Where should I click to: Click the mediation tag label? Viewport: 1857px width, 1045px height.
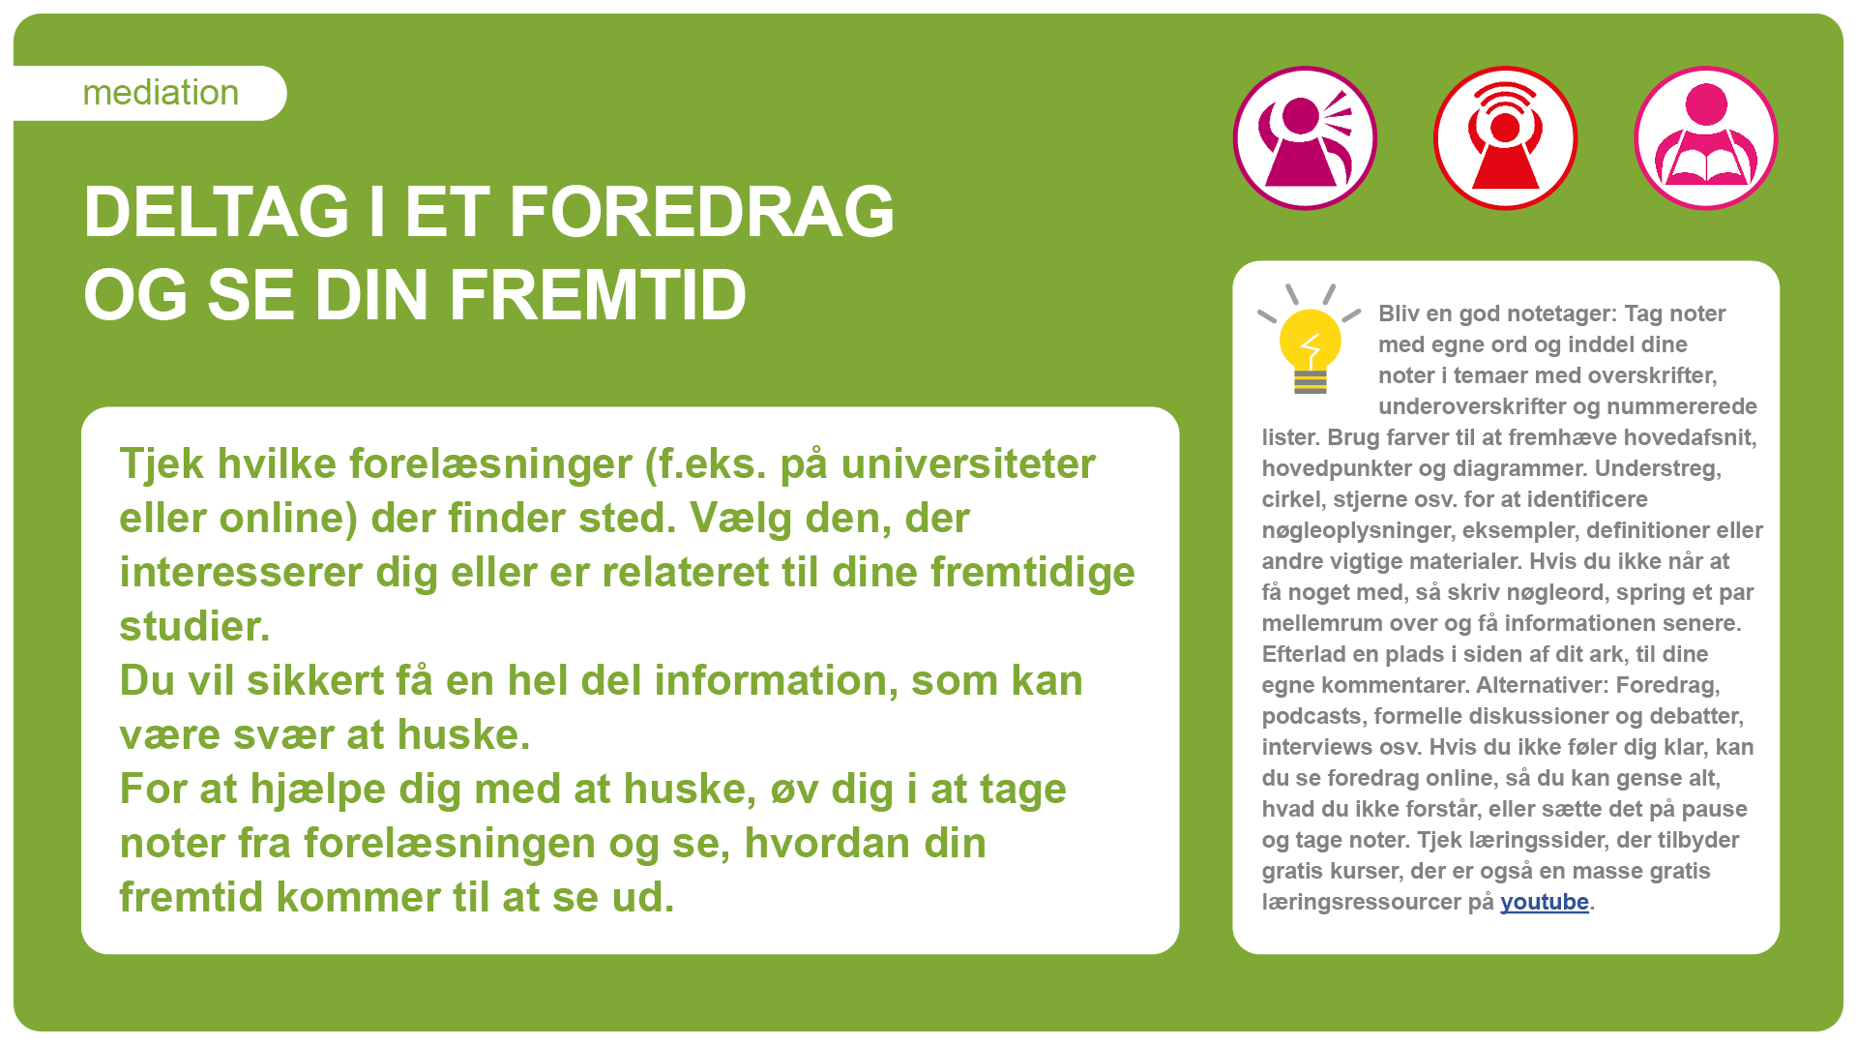tap(161, 93)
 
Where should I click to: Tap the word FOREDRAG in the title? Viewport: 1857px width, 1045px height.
tap(701, 212)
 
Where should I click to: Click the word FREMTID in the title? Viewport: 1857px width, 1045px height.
tap(598, 295)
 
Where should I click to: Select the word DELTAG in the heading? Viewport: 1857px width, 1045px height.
tap(217, 212)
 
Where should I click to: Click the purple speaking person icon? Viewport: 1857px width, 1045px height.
tap(1305, 138)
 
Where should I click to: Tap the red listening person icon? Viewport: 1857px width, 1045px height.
tap(1505, 138)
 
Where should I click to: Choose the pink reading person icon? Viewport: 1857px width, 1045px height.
tap(1706, 138)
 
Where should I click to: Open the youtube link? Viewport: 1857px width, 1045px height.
tap(1545, 902)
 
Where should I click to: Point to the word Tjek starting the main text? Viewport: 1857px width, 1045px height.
tap(162, 464)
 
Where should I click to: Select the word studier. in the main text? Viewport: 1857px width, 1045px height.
tap(194, 627)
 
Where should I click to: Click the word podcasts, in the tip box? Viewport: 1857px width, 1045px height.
tap(1314, 716)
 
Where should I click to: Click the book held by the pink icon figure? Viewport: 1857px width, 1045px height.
tap(1706, 164)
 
